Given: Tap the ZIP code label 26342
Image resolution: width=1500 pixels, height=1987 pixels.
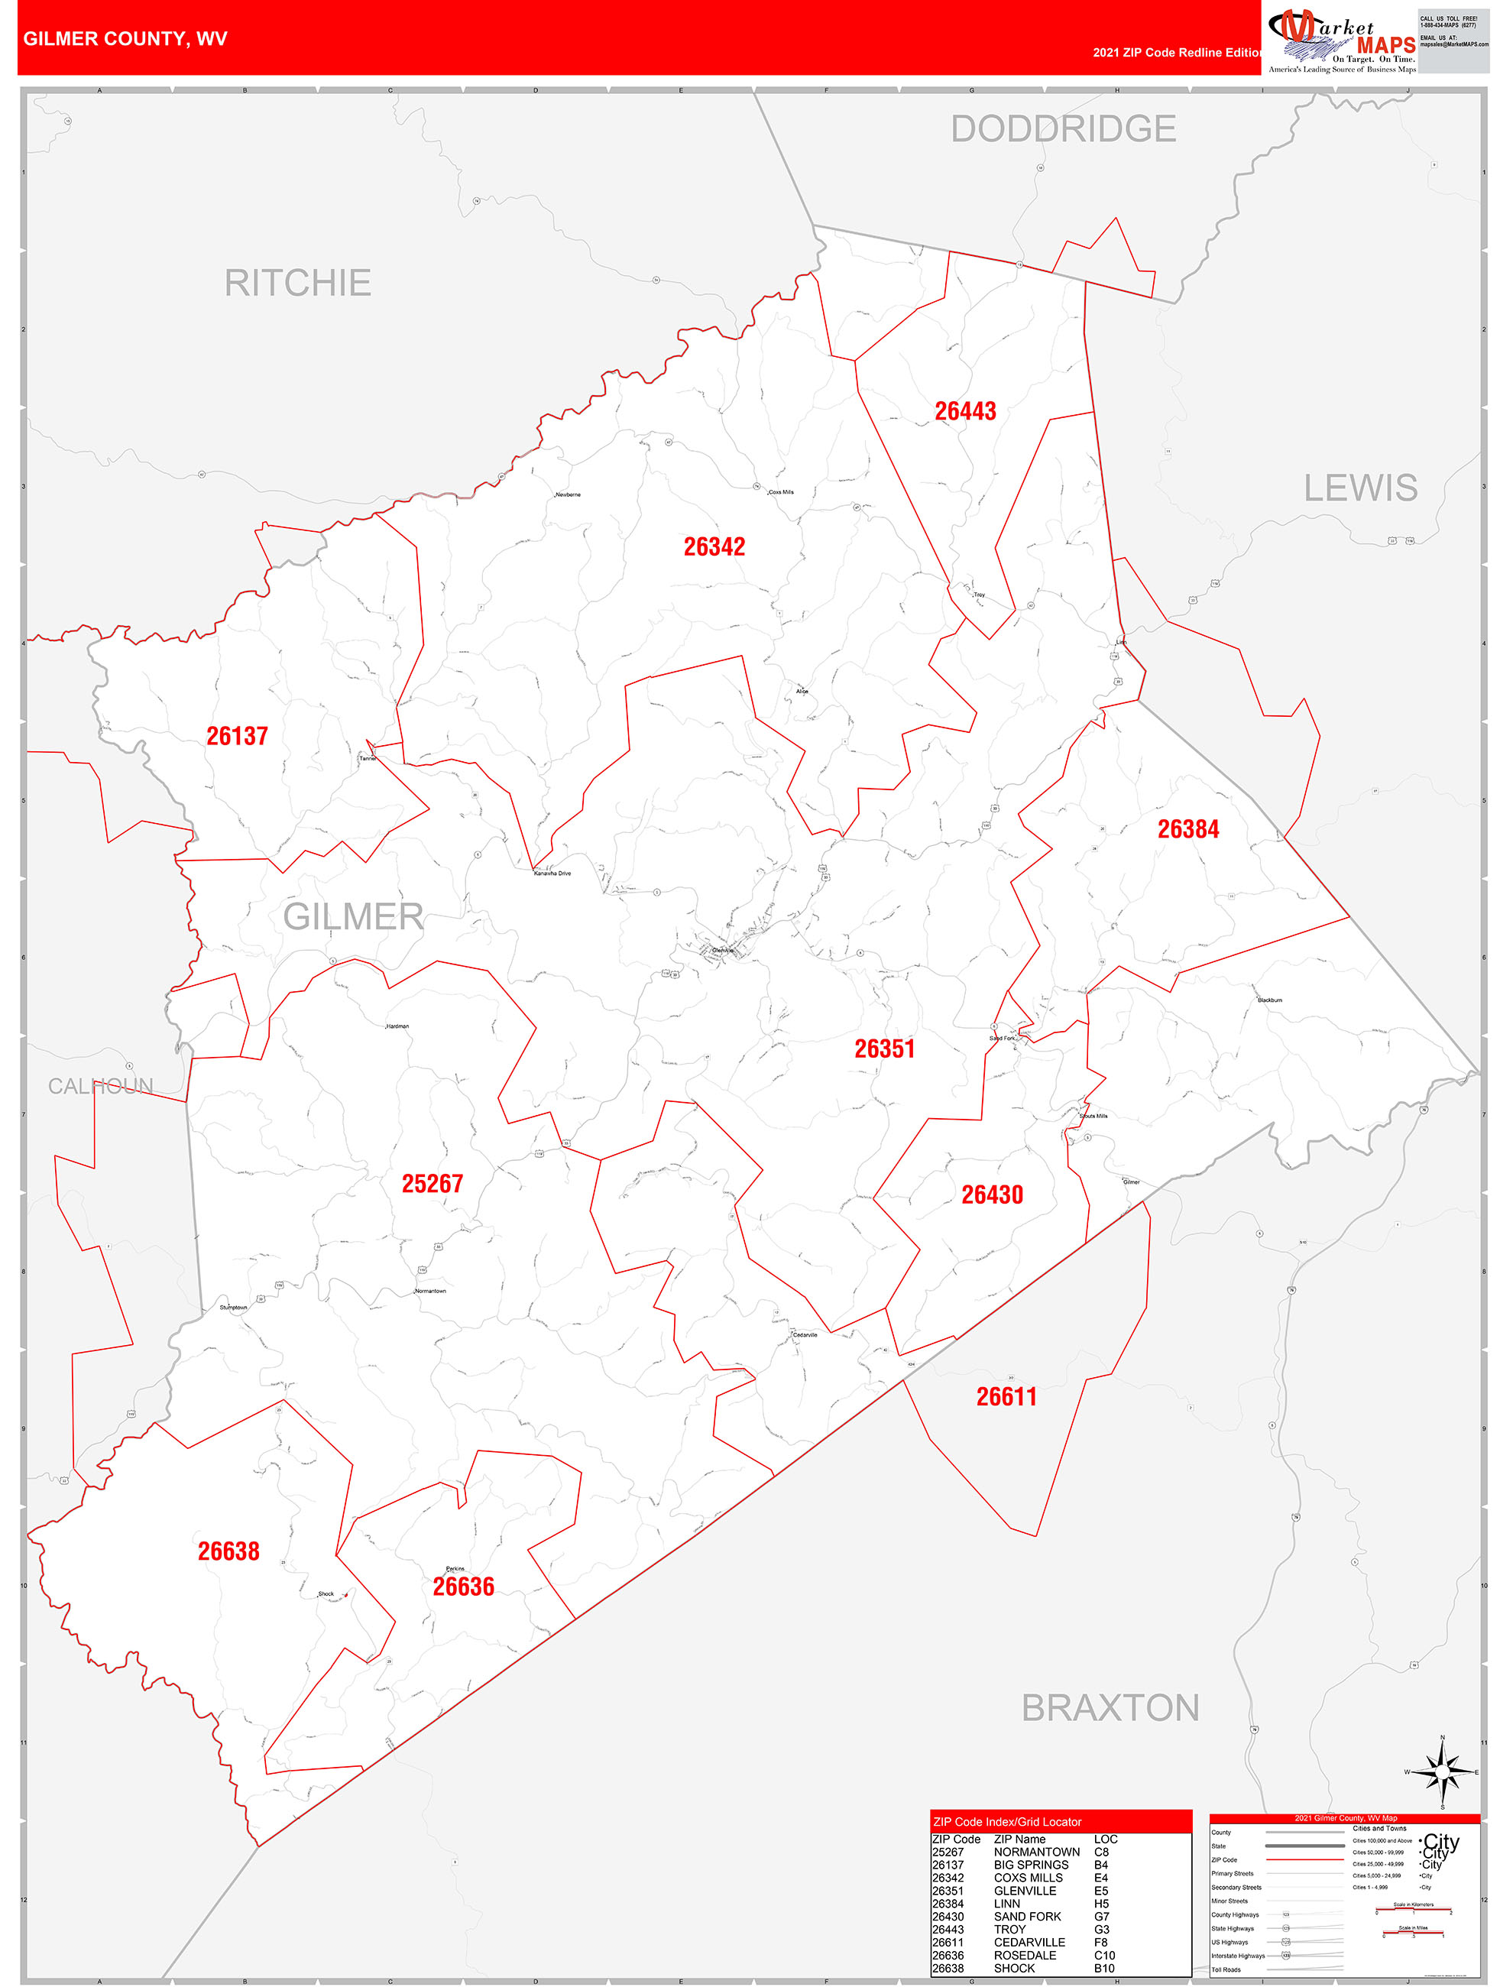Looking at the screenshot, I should pos(714,546).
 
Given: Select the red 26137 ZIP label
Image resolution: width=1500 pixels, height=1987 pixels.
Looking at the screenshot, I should pos(237,736).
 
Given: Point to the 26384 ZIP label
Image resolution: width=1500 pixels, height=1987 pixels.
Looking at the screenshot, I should pos(1187,829).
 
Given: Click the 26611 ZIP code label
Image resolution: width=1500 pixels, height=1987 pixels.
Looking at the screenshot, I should pos(1006,1397).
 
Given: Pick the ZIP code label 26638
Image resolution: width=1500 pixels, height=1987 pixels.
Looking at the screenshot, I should pos(228,1551).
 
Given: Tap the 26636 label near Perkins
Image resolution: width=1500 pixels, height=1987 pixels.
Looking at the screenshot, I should pos(464,1587).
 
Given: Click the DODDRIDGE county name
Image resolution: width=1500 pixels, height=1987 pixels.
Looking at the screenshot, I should pos(1063,128).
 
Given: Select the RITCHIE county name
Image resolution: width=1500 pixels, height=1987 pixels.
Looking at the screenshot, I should pos(297,283).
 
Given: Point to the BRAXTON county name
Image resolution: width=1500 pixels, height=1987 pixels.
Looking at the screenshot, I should pos(1110,1707).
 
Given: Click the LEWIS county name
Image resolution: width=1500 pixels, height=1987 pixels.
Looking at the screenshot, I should pos(1360,488).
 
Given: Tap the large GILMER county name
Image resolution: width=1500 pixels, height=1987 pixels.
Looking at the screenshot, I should pos(353,917).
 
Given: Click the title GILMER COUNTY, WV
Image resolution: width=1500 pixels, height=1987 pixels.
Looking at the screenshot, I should pos(125,39).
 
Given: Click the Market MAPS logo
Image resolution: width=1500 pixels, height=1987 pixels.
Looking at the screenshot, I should pos(1341,41).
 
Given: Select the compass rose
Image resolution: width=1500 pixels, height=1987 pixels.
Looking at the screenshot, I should pos(1442,1771).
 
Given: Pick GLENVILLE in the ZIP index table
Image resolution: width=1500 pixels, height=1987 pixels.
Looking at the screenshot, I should pos(1024,1891).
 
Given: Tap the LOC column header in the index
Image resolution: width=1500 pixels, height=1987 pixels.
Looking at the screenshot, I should pos(1105,1840).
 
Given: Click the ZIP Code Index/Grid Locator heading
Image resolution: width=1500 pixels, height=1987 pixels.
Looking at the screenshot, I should pos(1007,1822).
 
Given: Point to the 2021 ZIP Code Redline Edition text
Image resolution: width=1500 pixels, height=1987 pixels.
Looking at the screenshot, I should pos(1177,53).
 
